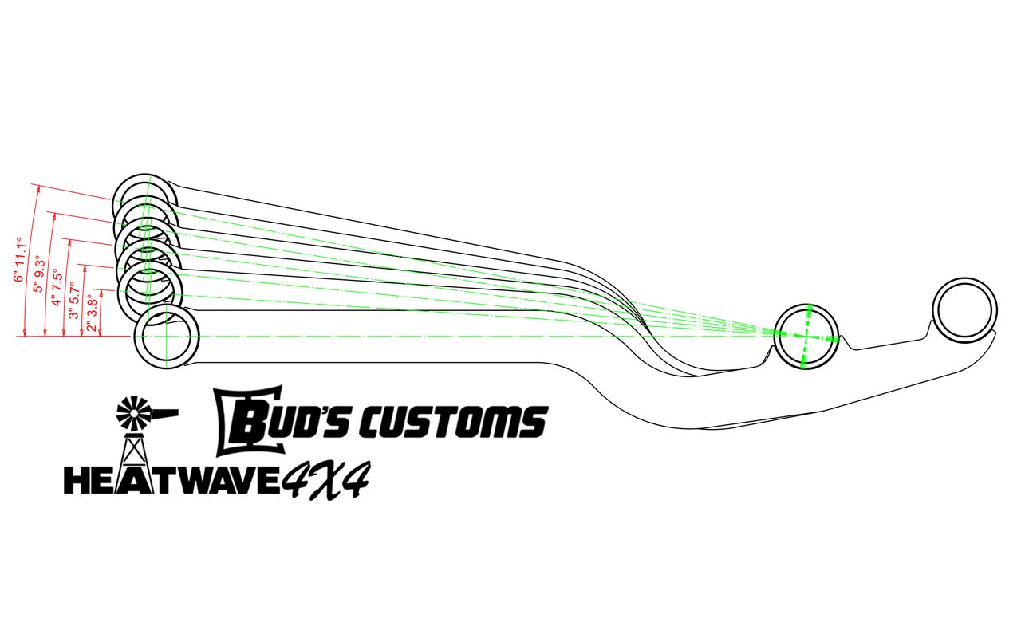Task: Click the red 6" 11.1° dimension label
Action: point(20,261)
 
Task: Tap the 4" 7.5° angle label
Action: point(57,289)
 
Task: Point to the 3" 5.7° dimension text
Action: point(75,301)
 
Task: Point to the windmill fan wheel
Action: point(132,412)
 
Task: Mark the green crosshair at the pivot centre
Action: point(806,337)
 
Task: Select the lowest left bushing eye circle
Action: point(166,337)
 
